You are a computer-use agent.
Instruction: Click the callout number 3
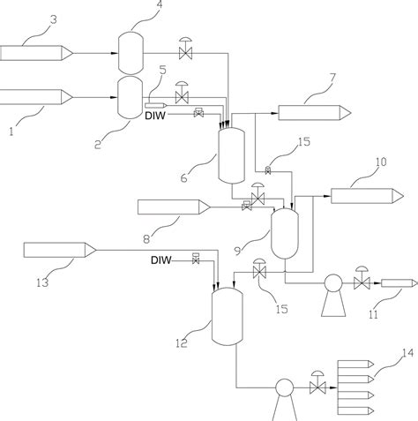[x=54, y=20]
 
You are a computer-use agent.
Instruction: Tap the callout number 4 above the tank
[x=160, y=4]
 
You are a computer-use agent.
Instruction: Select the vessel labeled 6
[x=232, y=155]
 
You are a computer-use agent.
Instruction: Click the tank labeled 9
[x=285, y=234]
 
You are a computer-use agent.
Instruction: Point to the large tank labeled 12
[x=228, y=316]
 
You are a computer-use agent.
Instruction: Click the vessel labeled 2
[x=130, y=98]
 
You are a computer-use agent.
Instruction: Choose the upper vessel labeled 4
[x=131, y=53]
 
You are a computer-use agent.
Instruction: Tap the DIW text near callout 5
[x=155, y=116]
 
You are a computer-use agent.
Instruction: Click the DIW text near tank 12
[x=161, y=260]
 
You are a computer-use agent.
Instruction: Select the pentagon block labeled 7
[x=315, y=113]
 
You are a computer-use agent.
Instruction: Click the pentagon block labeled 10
[x=367, y=196]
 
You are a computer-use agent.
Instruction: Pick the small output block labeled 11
[x=399, y=283]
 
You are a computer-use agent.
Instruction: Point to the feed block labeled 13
[x=60, y=250]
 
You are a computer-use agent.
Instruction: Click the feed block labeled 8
[x=174, y=207]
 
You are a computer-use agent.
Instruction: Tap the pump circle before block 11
[x=333, y=283]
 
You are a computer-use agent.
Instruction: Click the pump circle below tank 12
[x=285, y=387]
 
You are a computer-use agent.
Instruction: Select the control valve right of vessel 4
[x=185, y=49]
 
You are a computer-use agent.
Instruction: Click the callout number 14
[x=407, y=353]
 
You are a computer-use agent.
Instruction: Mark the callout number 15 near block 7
[x=304, y=142]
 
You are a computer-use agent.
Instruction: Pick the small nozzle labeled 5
[x=156, y=105]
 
